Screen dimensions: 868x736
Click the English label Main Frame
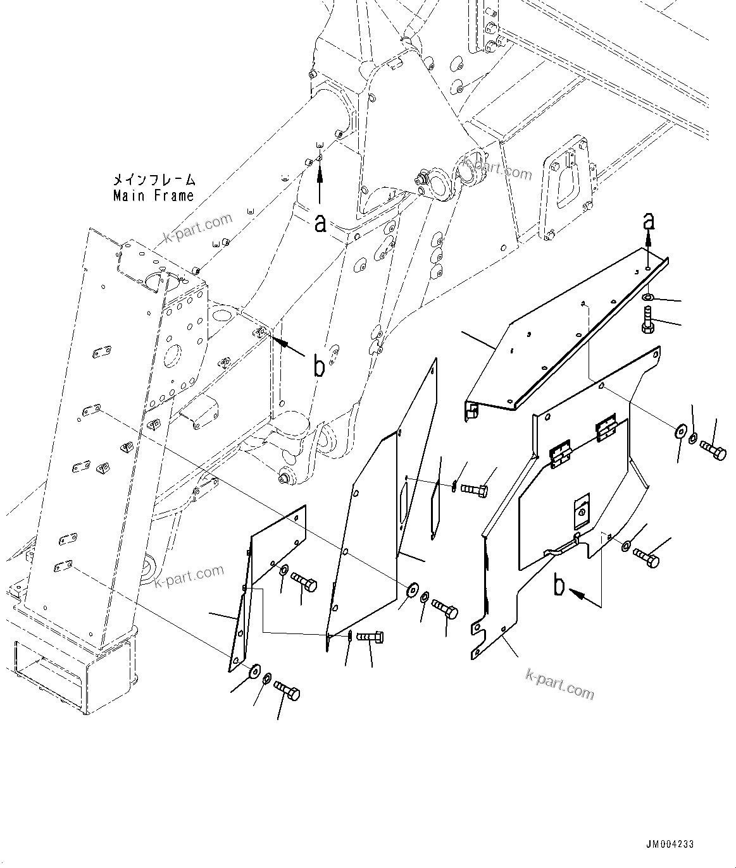[x=153, y=196]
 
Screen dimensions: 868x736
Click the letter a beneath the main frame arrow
[x=321, y=223]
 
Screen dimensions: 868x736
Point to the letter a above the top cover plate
[x=647, y=221]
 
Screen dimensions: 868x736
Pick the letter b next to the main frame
[x=319, y=367]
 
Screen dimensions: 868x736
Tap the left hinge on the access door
[x=560, y=454]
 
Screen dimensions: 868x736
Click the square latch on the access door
[x=582, y=513]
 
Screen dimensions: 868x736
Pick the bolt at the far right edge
[x=713, y=450]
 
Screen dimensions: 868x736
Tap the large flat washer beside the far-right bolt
[x=680, y=431]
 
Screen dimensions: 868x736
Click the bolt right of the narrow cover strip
[x=475, y=489]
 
